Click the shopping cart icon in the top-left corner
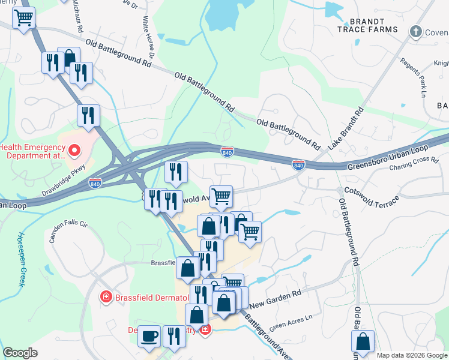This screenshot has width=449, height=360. point(24,19)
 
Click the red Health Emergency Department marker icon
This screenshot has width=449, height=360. point(75,150)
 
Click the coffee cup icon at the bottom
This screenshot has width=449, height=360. point(149,337)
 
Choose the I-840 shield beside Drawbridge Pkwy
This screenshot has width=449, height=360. point(94,182)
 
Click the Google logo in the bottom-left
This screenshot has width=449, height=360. point(20,353)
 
